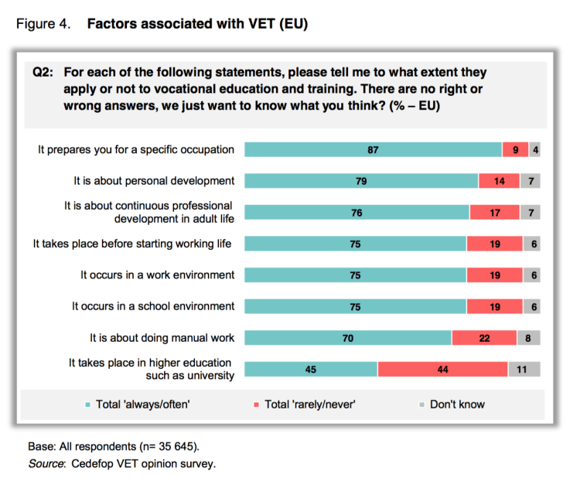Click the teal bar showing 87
[x=373, y=150]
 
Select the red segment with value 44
[x=442, y=369]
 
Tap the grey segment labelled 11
[x=524, y=369]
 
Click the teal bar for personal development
[x=361, y=181]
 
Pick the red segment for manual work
[x=484, y=337]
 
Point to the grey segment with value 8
[x=528, y=337]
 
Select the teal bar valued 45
[x=311, y=369]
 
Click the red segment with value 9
[x=515, y=150]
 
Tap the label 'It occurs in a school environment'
[x=153, y=306]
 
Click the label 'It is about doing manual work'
[x=162, y=337]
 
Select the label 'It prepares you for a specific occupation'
[x=136, y=150]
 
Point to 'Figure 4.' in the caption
[x=43, y=24]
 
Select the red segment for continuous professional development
[x=494, y=213]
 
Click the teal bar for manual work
[x=348, y=337]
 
